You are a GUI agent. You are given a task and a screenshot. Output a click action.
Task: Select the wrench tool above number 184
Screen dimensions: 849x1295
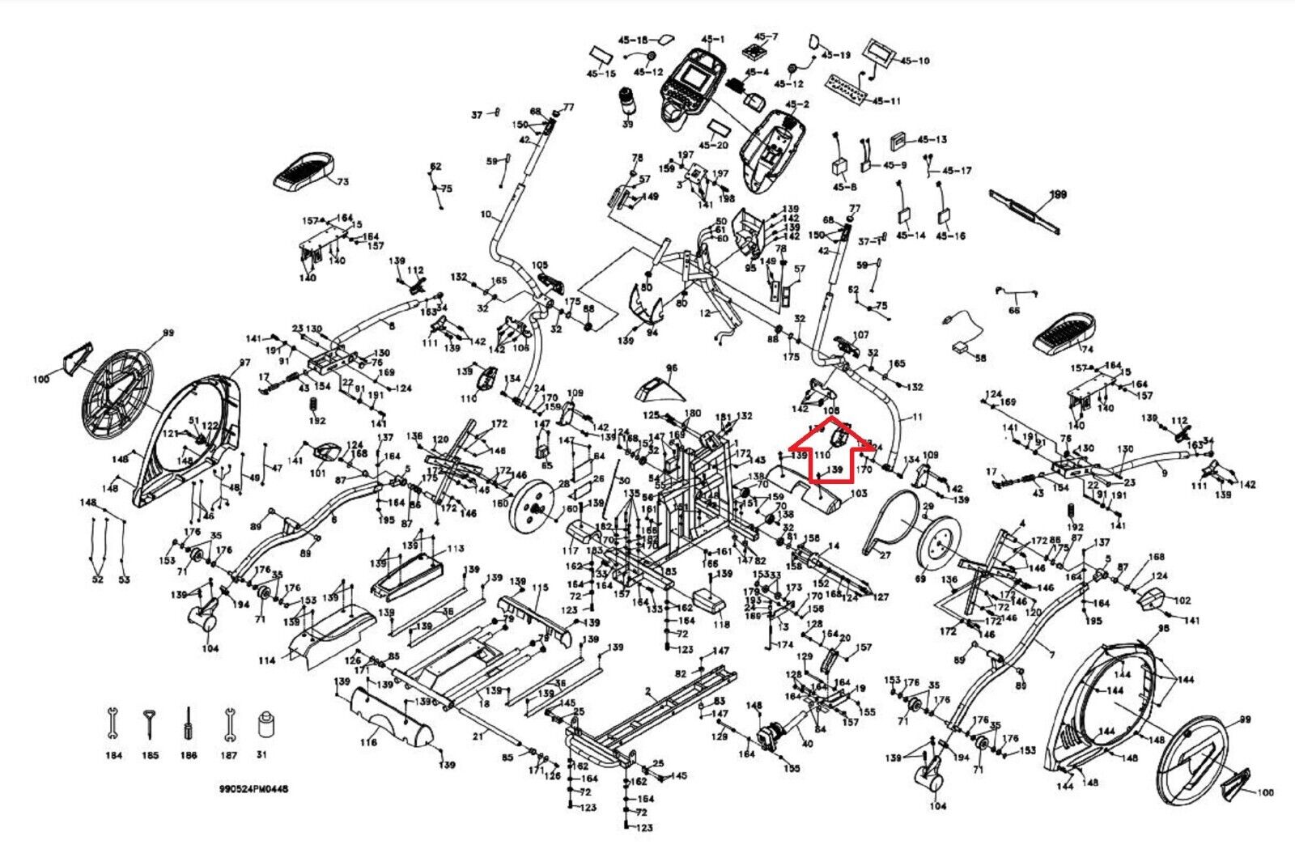pyautogui.click(x=113, y=723)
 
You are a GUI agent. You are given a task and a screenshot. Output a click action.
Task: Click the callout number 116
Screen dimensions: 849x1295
pyautogui.click(x=368, y=742)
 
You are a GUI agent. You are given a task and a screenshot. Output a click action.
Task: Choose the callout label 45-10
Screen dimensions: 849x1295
pyautogui.click(x=915, y=61)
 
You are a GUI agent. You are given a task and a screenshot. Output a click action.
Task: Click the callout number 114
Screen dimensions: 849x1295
pyautogui.click(x=266, y=661)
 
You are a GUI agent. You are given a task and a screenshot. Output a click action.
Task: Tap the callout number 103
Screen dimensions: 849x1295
pyautogui.click(x=858, y=493)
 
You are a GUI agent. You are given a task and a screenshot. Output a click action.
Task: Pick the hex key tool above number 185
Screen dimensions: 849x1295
pyautogui.click(x=150, y=722)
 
